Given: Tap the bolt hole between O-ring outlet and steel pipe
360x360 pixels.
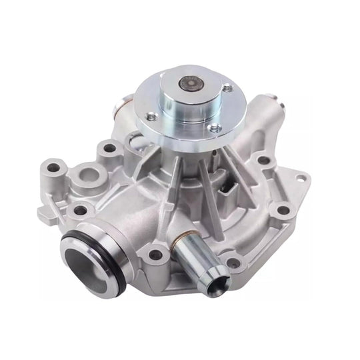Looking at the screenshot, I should [155, 254].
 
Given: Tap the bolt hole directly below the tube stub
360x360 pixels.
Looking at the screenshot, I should [263, 160].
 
